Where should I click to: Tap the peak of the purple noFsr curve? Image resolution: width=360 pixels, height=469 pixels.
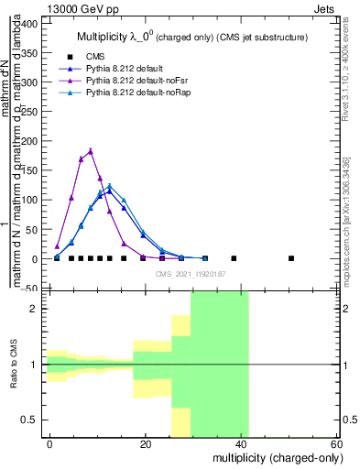pyautogui.click(x=91, y=151)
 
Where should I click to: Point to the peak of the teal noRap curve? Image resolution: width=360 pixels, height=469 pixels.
pyautogui.click(x=110, y=186)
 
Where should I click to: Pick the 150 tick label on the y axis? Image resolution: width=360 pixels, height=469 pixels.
pyautogui.click(x=31, y=170)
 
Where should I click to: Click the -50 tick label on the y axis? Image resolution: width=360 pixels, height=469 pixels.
pyautogui.click(x=31, y=289)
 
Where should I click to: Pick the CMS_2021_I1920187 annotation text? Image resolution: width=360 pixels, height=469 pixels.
pyautogui.click(x=191, y=274)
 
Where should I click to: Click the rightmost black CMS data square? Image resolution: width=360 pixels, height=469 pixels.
pyautogui.click(x=291, y=258)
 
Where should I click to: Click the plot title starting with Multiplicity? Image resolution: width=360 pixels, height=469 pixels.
pyautogui.click(x=191, y=37)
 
